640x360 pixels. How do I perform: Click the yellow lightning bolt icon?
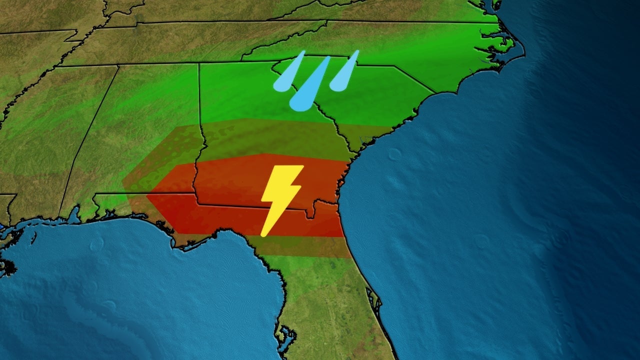pyautogui.click(x=281, y=197)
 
